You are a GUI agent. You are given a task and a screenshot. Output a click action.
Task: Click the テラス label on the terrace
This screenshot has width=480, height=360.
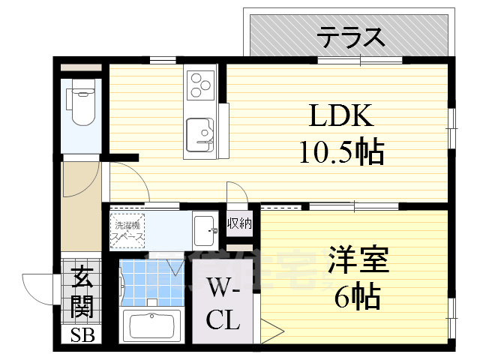(x=350, y=35)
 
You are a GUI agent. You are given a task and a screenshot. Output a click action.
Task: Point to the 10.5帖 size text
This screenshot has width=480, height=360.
(x=341, y=153)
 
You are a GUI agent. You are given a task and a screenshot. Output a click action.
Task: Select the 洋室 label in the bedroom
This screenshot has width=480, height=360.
(x=357, y=262)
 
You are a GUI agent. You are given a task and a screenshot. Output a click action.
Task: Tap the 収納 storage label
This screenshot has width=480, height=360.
(x=240, y=223)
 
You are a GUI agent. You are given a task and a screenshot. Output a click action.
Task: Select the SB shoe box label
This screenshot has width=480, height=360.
(x=79, y=335)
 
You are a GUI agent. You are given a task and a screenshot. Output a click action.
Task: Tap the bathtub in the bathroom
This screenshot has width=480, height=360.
(x=153, y=325)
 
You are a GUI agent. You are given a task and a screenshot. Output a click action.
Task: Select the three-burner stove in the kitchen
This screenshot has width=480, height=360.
(x=201, y=83)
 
